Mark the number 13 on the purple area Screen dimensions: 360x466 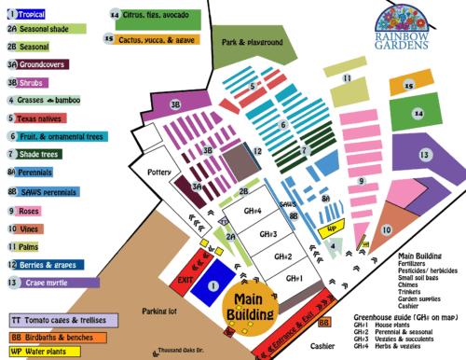[424, 154]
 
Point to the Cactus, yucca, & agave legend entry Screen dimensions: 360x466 [150, 39]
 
